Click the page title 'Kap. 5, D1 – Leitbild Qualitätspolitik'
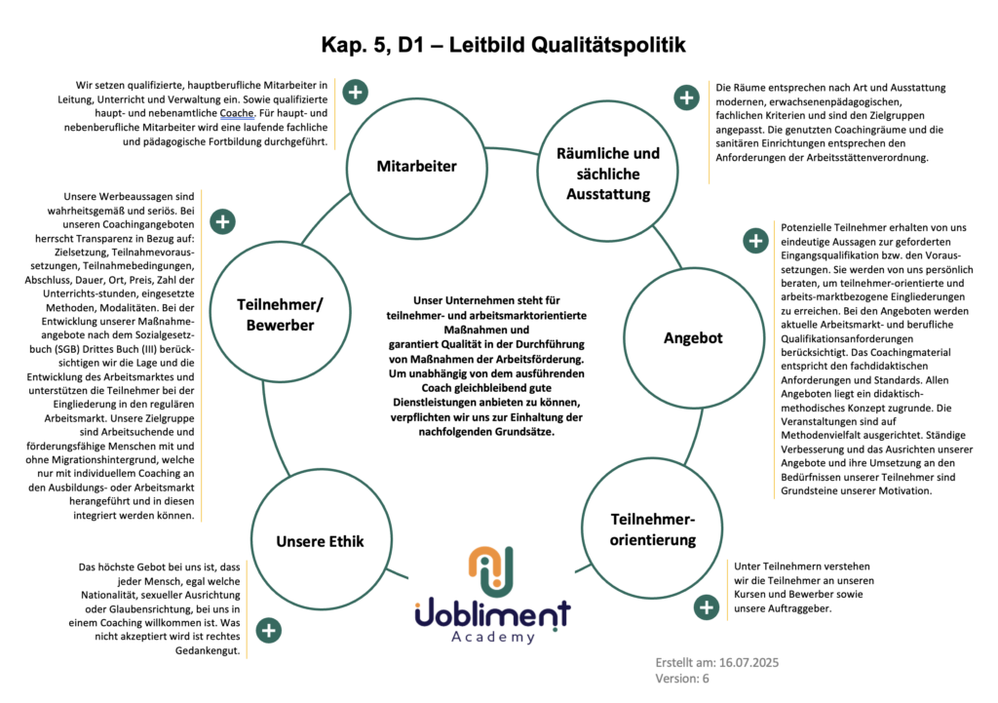click(x=503, y=45)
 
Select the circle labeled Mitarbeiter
click(x=416, y=166)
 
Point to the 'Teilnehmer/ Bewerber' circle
click(x=280, y=314)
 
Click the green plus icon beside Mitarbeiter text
click(x=356, y=94)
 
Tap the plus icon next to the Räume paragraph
click(x=687, y=98)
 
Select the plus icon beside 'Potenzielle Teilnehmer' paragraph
click(x=754, y=240)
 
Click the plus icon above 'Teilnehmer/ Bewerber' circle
click(x=223, y=221)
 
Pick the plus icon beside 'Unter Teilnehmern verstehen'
click(x=706, y=607)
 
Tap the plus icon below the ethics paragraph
click(x=269, y=630)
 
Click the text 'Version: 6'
click(x=683, y=680)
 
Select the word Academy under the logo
click(x=493, y=637)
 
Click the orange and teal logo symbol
click(x=491, y=573)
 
